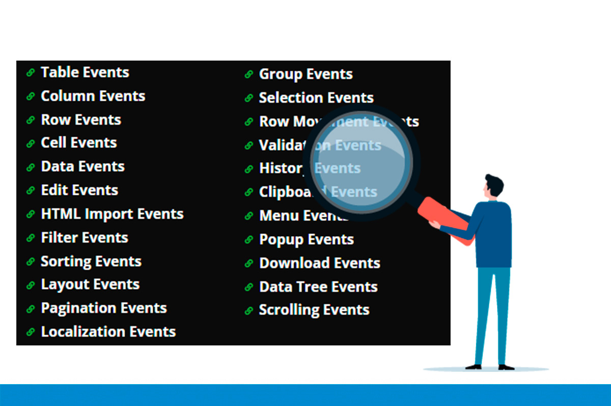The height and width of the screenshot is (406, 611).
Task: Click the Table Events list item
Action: tap(85, 72)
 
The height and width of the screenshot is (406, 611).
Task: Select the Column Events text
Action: tap(93, 96)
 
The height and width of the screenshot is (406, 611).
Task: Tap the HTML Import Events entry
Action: tap(112, 214)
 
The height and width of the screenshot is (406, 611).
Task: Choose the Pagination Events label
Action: tap(104, 308)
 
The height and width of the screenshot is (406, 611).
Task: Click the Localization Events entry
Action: tap(108, 332)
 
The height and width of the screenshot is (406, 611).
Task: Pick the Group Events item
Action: tap(305, 74)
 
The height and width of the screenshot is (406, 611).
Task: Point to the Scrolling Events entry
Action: tap(314, 310)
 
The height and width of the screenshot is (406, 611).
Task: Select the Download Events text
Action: tap(320, 263)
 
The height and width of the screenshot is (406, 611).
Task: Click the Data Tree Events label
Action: tap(318, 287)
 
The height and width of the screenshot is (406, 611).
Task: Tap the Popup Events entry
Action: tap(307, 240)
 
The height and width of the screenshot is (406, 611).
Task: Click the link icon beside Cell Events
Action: tap(31, 143)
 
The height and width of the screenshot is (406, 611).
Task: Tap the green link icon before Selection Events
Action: tap(249, 98)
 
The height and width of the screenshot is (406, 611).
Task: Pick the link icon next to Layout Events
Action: tap(31, 285)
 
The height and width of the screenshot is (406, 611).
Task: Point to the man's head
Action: tap(493, 187)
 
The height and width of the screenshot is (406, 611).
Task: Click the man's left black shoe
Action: tap(474, 366)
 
